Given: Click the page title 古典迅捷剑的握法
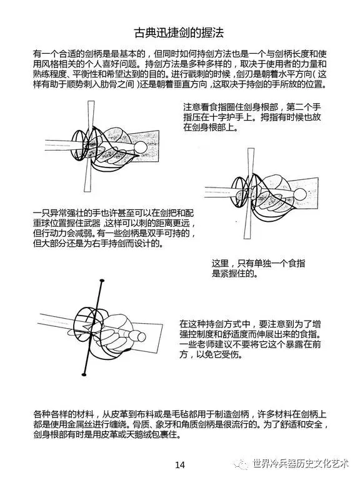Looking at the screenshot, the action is [179, 32].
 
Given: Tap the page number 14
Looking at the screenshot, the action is [180, 465].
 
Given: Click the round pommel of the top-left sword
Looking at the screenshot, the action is [141, 148].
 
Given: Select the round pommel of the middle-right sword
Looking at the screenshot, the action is [299, 195].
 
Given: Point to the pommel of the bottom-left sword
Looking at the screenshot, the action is [141, 337].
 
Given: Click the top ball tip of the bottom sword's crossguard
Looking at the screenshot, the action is [102, 281].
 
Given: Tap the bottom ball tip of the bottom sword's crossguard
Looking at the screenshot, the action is [85, 374].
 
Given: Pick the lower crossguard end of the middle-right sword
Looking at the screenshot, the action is [247, 236].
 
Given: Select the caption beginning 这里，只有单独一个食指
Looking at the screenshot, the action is [258, 269].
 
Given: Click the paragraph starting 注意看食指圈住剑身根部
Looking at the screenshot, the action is [252, 117].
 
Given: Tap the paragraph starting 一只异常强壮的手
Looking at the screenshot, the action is [114, 228].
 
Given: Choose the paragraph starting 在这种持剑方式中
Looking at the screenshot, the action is [250, 339].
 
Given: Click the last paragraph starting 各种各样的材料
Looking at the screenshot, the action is [181, 424].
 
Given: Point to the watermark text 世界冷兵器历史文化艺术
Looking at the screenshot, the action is [301, 464].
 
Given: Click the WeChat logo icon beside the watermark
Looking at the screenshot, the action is [242, 464].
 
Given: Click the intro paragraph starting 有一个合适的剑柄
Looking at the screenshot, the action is [180, 69].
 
